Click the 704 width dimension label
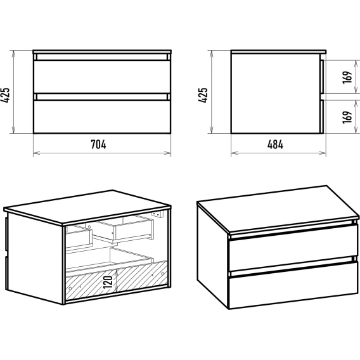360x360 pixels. (x=98, y=145)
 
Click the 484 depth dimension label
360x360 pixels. (x=275, y=145)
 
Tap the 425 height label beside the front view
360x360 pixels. (x=5, y=95)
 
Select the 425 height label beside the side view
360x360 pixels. (x=203, y=95)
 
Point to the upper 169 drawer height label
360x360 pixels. (x=347, y=77)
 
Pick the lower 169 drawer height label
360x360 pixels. (x=347, y=117)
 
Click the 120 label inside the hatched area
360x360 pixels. (x=108, y=282)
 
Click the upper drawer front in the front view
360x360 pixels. (x=102, y=77)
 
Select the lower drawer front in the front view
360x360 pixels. (x=102, y=117)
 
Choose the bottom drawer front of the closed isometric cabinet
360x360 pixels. (x=293, y=285)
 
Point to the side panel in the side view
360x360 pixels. (x=276, y=93)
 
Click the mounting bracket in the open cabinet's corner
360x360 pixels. (x=157, y=214)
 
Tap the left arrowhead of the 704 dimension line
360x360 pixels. (x=36, y=153)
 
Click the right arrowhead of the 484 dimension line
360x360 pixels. (x=323, y=153)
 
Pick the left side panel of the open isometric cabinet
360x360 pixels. (x=34, y=257)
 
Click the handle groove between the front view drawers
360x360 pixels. (x=102, y=97)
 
